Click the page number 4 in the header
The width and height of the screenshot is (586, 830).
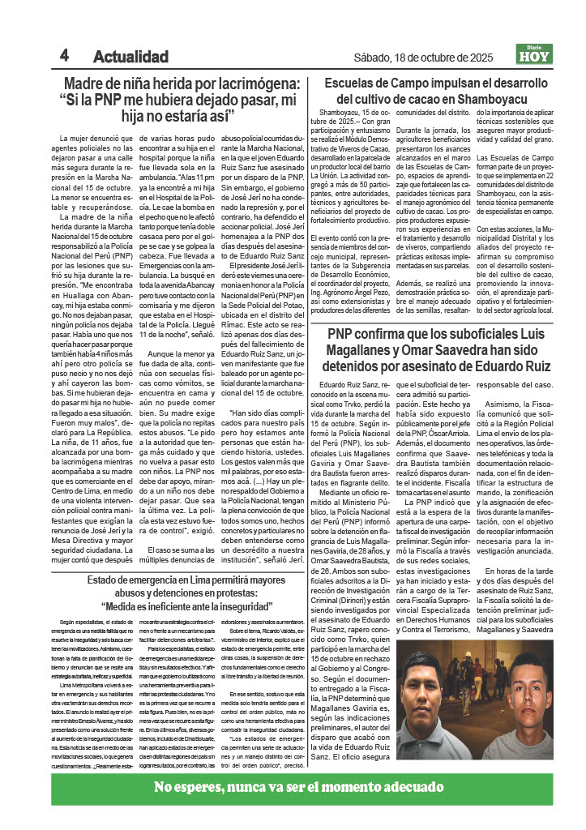[64, 55]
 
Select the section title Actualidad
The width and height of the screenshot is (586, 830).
[130, 58]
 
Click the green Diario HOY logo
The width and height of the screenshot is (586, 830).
[535, 54]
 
